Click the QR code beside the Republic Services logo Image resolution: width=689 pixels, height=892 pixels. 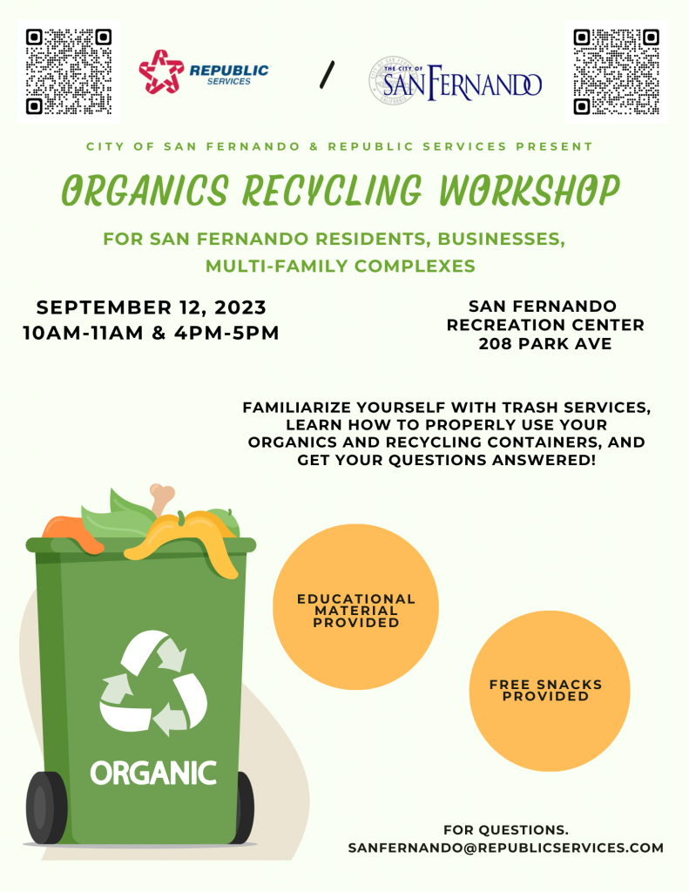point(68,71)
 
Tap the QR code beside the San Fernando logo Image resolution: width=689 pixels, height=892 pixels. point(616,71)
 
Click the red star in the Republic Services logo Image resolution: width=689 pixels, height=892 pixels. point(161,71)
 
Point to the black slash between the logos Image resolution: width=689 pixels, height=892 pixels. point(328,75)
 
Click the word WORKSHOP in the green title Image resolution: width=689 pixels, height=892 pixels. point(529,190)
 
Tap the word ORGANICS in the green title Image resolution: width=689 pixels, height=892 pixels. point(145,190)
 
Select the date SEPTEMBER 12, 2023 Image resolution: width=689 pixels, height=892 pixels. point(152,307)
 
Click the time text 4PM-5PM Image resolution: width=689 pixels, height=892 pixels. point(226,333)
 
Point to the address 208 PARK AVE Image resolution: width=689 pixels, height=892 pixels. point(545,343)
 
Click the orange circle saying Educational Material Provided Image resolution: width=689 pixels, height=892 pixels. point(355,607)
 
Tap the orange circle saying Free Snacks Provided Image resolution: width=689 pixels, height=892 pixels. point(550,691)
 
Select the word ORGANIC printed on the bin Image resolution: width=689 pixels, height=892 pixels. point(153,774)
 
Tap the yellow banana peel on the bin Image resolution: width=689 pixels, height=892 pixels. point(188,538)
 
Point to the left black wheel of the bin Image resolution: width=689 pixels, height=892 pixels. point(46,808)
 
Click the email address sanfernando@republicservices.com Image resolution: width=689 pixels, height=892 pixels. point(506,848)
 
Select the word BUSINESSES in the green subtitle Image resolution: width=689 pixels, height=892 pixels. point(501,239)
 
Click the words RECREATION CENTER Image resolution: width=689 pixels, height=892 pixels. point(545,325)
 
